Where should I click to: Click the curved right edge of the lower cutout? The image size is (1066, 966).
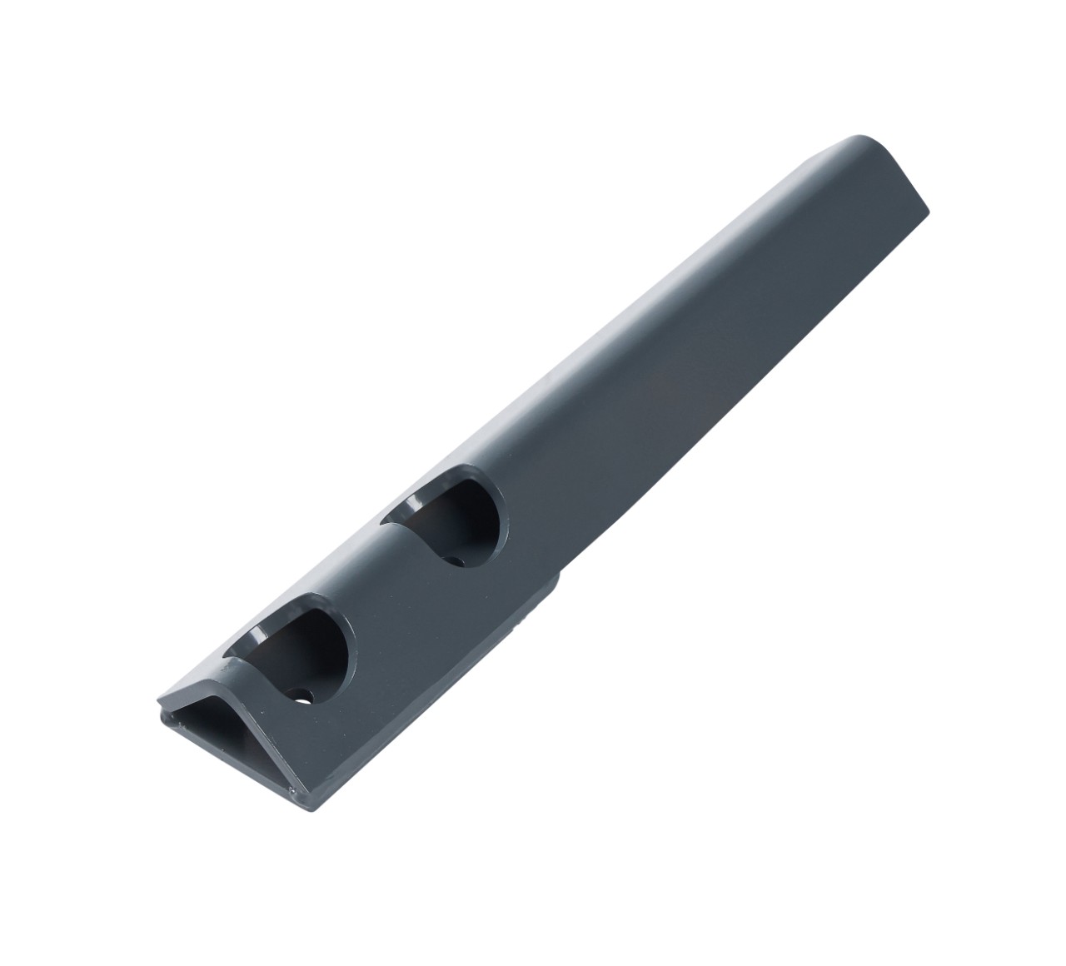coord(341,658)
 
